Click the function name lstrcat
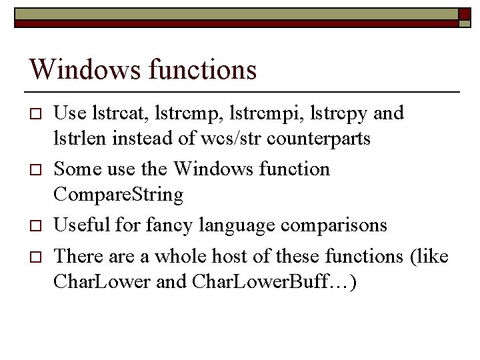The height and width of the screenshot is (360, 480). pyautogui.click(x=113, y=113)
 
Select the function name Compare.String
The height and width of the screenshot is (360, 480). pyautogui.click(x=118, y=196)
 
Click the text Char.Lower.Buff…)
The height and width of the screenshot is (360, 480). pyautogui.click(x=274, y=282)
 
